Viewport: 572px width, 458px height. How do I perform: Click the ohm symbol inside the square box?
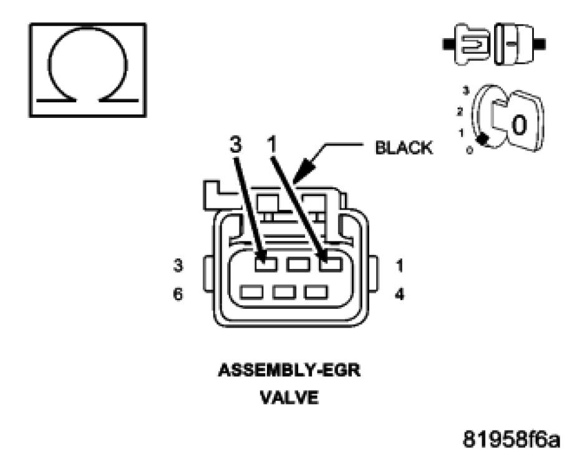pos(87,69)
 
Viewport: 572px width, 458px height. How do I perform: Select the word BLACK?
pos(404,148)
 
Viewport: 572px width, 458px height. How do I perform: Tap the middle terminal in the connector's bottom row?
pos(284,291)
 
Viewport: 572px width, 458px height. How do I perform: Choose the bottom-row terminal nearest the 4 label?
pos(316,291)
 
